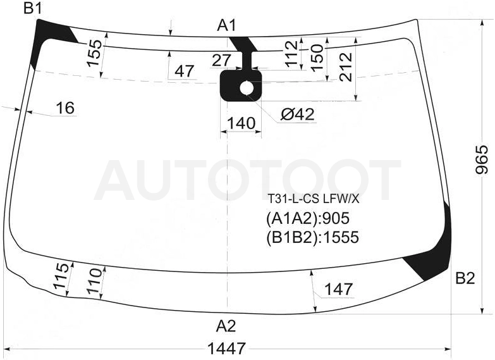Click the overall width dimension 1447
point(226,349)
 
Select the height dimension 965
point(482,159)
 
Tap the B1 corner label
point(32,8)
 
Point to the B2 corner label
point(465,278)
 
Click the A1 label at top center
point(226,25)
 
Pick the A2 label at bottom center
point(226,326)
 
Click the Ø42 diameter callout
point(298,114)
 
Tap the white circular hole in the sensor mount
point(247,88)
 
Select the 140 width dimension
point(241,123)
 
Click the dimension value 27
point(221,60)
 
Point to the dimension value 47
point(184,71)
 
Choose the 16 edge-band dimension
point(65,108)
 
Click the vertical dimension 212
point(346,66)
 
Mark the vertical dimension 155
point(94,53)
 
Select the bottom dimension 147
point(338,289)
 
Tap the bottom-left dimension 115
point(61,276)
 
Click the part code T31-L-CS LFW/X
point(314,199)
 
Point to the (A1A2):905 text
point(308,218)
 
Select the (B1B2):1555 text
point(312,237)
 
